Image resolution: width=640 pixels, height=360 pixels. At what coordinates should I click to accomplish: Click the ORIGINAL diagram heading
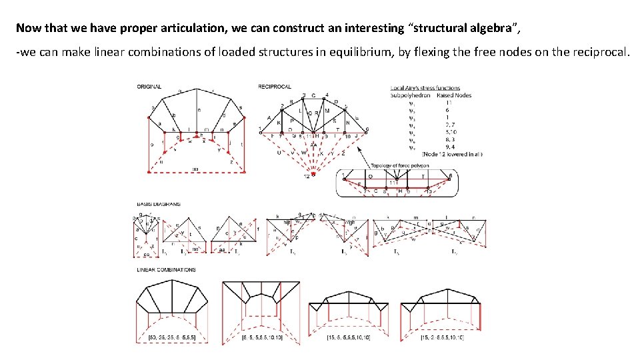click(x=149, y=87)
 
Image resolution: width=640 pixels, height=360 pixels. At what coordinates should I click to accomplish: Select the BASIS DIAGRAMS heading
click(x=157, y=204)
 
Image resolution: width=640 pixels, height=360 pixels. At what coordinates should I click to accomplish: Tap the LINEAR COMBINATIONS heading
click(x=166, y=270)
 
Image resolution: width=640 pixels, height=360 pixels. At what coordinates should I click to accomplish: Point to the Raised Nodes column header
click(x=454, y=95)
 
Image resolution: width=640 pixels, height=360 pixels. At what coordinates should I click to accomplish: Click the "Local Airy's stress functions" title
click(x=425, y=87)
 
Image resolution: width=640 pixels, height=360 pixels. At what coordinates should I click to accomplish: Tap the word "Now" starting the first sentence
click(x=28, y=28)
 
